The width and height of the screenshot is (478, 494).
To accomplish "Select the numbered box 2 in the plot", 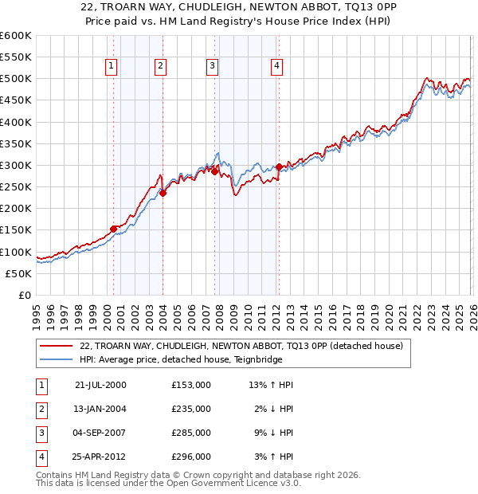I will [x=160, y=66].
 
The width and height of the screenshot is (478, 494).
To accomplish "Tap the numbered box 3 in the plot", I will [x=213, y=66].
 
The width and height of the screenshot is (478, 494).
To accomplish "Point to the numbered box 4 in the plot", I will [x=276, y=66].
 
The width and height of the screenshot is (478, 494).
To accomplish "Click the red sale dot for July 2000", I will [x=114, y=229].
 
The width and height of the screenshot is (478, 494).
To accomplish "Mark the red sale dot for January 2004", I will [x=163, y=193].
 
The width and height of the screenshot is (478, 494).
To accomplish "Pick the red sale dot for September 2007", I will [x=214, y=171].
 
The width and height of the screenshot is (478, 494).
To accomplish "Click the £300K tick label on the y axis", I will [x=16, y=166].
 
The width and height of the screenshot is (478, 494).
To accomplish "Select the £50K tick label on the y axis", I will [x=18, y=273].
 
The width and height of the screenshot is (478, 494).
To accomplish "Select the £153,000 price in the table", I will [x=191, y=384].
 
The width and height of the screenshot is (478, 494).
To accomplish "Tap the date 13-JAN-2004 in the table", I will [x=100, y=409].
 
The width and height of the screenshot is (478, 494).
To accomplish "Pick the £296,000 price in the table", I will [x=191, y=457].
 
